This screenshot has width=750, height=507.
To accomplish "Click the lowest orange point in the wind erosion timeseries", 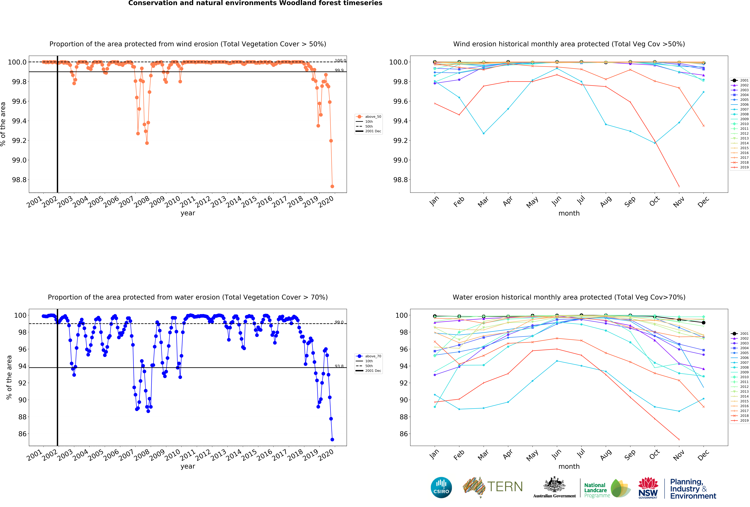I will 332,186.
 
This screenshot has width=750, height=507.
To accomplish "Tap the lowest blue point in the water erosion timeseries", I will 332,440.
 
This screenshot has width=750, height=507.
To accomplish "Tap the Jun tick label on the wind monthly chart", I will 556,201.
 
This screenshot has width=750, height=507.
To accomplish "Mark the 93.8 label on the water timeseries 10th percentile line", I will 339,366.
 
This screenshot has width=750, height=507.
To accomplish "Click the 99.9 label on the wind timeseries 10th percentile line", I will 339,70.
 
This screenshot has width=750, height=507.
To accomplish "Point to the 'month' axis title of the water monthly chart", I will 569,466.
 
